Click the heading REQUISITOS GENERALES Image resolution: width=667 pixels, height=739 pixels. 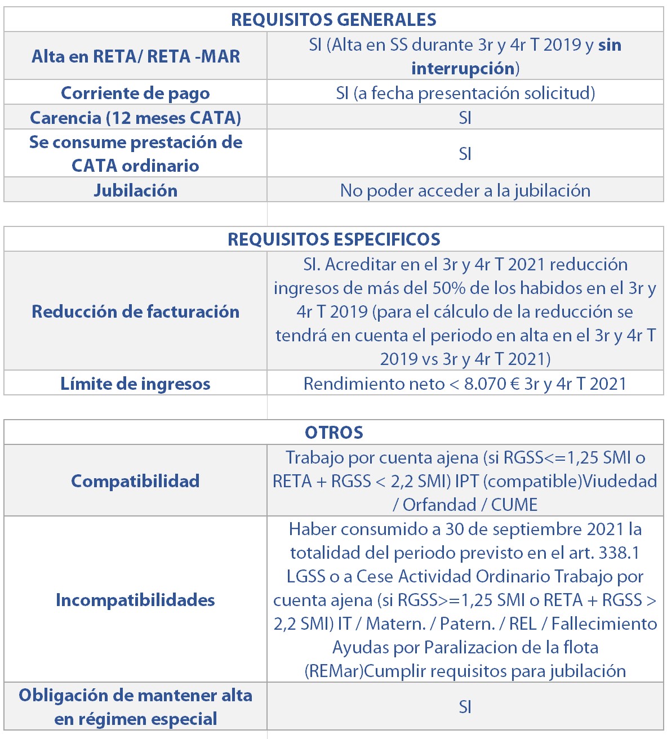(x=333, y=20)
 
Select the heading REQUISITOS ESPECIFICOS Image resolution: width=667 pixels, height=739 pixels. (x=333, y=239)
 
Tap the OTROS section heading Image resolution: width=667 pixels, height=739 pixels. (x=333, y=433)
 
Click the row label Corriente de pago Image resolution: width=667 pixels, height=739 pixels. (x=135, y=93)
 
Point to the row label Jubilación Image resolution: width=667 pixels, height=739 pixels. (x=135, y=190)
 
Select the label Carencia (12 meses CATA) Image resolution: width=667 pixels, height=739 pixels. (x=135, y=118)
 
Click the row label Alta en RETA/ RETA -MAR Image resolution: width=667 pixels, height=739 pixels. (x=135, y=56)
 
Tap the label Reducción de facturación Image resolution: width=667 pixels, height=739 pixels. (x=135, y=311)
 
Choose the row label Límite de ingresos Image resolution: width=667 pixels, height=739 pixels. (x=135, y=384)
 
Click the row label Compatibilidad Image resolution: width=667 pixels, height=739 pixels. (x=135, y=481)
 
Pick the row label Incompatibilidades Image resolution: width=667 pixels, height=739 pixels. (x=135, y=600)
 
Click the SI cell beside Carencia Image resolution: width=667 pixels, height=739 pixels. (x=465, y=118)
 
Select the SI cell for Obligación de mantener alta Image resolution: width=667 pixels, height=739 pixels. (x=465, y=707)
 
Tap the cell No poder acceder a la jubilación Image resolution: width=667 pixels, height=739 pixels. (x=465, y=190)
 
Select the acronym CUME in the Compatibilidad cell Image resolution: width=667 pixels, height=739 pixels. (x=514, y=505)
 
